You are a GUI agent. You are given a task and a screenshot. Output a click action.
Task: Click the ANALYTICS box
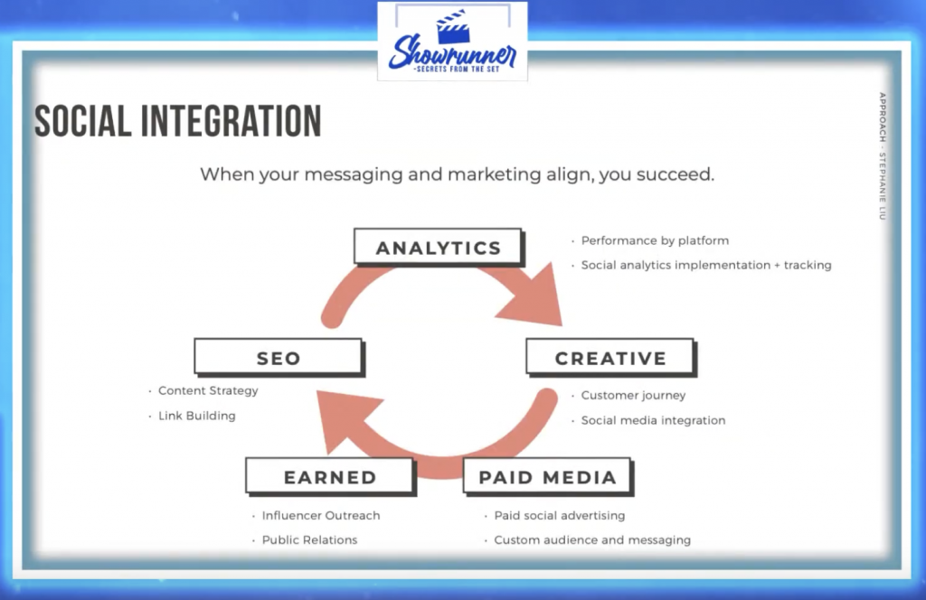click(439, 248)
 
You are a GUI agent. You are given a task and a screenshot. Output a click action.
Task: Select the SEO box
click(279, 357)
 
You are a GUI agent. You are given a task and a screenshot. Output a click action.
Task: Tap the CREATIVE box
click(610, 357)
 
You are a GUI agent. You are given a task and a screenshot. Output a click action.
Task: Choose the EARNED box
click(330, 476)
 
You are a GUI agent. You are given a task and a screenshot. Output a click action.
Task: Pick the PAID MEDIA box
click(547, 476)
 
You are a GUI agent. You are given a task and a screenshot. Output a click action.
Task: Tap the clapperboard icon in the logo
click(453, 26)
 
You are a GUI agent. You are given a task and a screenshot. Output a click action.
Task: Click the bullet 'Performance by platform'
click(655, 240)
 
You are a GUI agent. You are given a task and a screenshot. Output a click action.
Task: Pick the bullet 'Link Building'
click(196, 416)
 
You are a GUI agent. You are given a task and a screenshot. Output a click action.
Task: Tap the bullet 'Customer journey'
click(633, 395)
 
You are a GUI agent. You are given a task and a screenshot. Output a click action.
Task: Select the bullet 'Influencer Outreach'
click(321, 515)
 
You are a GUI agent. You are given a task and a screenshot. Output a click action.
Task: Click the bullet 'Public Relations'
click(309, 539)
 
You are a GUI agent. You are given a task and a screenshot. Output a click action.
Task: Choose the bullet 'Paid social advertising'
click(559, 515)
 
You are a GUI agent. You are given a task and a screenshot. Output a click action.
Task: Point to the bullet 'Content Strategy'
click(208, 390)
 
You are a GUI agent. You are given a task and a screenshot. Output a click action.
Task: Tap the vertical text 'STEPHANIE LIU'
click(883, 186)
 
